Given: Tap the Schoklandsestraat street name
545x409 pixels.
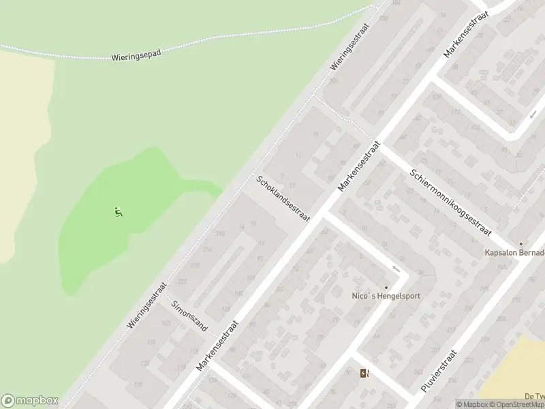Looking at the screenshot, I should [283, 199].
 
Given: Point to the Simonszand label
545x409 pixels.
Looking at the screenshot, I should [189, 316].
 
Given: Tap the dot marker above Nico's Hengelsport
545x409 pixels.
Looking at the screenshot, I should [386, 287].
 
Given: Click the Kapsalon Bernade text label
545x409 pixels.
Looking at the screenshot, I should [514, 253].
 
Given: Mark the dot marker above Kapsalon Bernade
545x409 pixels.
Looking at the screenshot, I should [521, 244].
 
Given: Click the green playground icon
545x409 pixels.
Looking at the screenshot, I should [119, 211].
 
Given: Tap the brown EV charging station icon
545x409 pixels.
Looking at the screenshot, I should [365, 372].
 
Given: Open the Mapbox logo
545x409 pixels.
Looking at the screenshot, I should [30, 401].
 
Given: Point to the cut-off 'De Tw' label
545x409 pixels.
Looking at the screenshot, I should [534, 396].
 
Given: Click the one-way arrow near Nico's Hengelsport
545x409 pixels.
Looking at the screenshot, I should [395, 268].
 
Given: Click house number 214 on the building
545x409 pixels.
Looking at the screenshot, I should [207, 249].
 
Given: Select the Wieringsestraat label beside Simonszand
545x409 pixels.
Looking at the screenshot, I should [147, 306].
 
